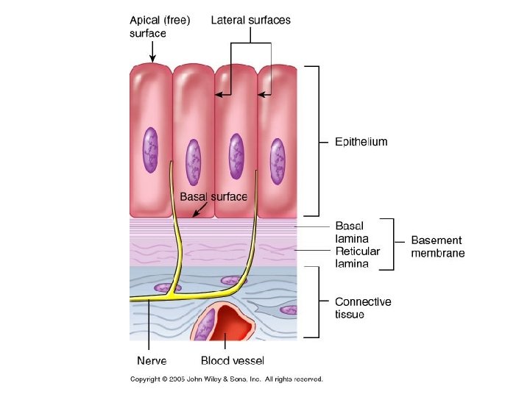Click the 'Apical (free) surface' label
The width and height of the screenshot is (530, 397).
point(160,26)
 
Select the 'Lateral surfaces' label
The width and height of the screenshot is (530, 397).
point(250,21)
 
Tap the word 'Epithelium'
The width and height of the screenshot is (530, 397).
point(361,142)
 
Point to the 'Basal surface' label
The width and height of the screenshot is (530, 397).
point(213,197)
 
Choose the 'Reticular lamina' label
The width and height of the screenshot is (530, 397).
point(358,257)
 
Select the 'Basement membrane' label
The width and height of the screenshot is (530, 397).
point(437,246)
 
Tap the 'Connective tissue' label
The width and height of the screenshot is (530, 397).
point(363,307)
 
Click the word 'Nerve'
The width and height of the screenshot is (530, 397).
point(152,360)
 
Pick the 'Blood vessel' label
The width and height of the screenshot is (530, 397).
point(233,360)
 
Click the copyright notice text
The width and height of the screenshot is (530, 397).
point(227,379)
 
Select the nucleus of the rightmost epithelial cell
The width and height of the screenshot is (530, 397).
point(277,157)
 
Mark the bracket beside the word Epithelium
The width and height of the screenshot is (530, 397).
point(316,140)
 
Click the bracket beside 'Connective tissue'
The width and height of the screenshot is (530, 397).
point(317,302)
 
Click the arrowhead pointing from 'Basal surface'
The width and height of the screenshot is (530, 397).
point(194,215)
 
